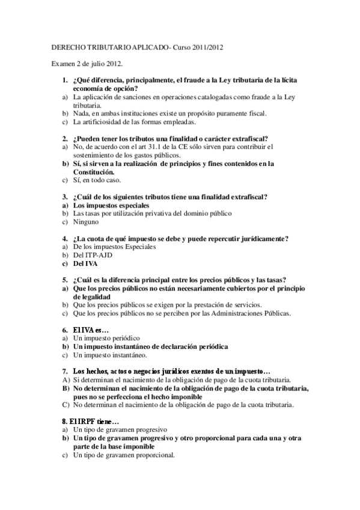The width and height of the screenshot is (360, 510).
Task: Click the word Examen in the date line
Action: click(x=62, y=63)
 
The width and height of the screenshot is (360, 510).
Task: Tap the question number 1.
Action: click(x=65, y=80)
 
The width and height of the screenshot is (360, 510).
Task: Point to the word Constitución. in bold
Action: click(x=93, y=171)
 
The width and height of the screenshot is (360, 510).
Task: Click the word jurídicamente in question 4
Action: click(x=258, y=238)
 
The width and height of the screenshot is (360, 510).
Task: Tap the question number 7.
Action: click(x=65, y=371)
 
